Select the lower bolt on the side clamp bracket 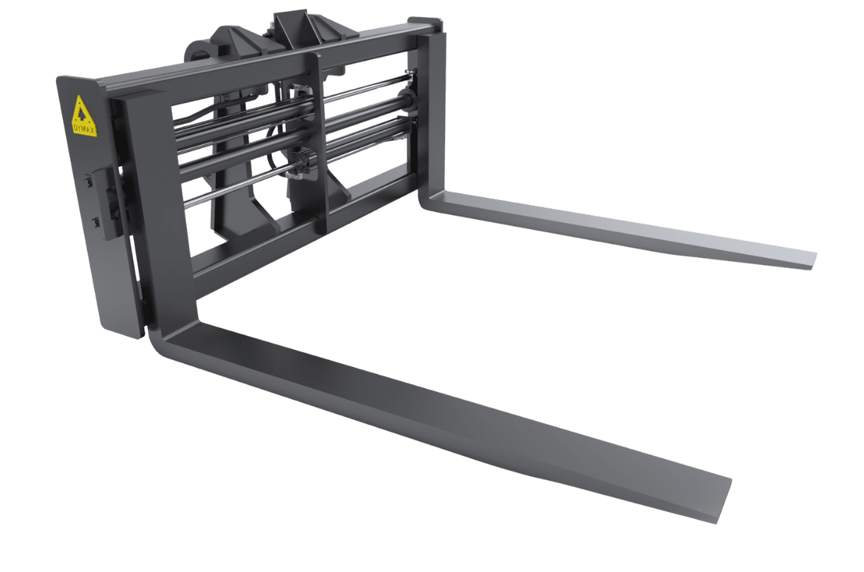click(94, 225)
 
